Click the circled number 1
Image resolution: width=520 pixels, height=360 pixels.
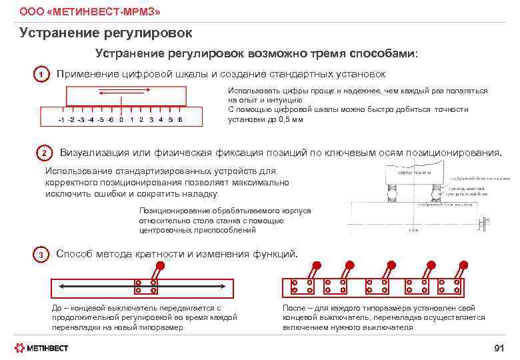pos(41,75)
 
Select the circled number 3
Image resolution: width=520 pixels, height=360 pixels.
pos(41,255)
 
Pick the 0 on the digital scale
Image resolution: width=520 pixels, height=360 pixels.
pos(121,120)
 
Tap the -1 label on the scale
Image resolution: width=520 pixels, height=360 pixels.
pos(61,120)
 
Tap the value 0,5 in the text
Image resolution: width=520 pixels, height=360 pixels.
pos(283,119)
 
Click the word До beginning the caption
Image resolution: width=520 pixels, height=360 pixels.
pos(58,308)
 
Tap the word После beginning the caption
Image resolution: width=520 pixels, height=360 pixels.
pos(295,308)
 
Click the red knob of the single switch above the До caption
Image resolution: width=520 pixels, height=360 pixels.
pos(161,265)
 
